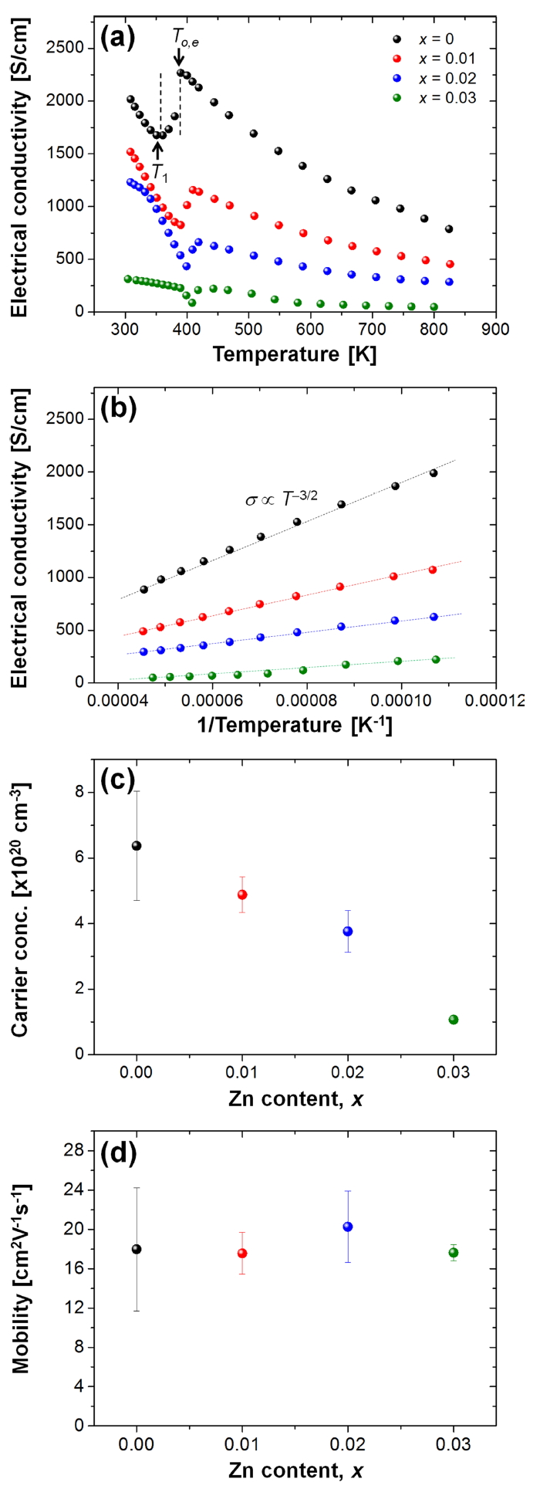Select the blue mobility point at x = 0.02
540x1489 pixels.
point(348,1227)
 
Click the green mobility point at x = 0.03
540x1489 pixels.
point(454,1253)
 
